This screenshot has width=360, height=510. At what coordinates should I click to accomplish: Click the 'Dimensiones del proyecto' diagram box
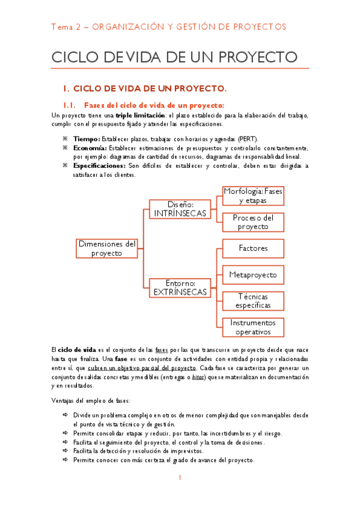[x=106, y=248]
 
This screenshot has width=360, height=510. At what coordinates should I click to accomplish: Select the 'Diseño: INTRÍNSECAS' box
[x=180, y=209]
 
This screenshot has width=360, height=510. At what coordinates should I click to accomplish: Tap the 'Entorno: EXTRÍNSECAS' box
[x=180, y=287]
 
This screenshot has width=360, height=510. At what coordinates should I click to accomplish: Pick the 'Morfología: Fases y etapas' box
[x=253, y=195]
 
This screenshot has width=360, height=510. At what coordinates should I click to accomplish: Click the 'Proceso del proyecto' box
[x=253, y=223]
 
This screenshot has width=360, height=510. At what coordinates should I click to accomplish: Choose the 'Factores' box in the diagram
[x=253, y=248]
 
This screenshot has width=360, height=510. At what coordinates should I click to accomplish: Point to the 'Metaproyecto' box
[x=253, y=275]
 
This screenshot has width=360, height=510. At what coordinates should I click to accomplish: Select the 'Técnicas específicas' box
[x=253, y=301]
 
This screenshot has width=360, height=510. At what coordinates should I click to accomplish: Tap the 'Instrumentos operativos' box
[x=253, y=327]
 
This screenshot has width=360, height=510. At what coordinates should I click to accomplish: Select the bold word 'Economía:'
[x=90, y=148]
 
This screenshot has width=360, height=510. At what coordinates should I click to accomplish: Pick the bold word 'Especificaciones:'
[x=99, y=165]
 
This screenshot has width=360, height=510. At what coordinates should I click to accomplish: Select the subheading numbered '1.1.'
[x=72, y=105]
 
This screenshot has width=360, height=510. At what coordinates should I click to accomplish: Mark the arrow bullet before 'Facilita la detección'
[x=66, y=450]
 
